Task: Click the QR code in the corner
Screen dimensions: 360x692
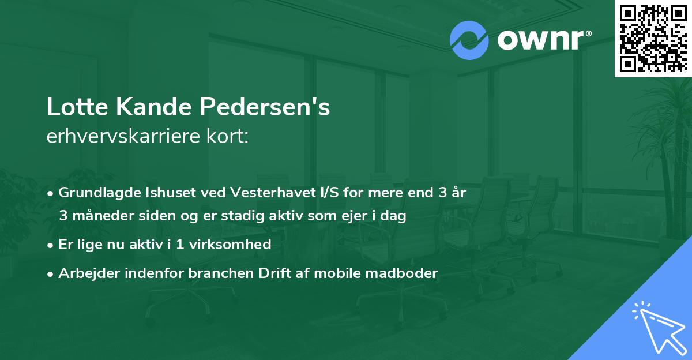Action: point(653,39)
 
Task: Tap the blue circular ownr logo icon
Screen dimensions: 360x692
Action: point(469,40)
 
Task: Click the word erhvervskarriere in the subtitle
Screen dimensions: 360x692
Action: point(126,137)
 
